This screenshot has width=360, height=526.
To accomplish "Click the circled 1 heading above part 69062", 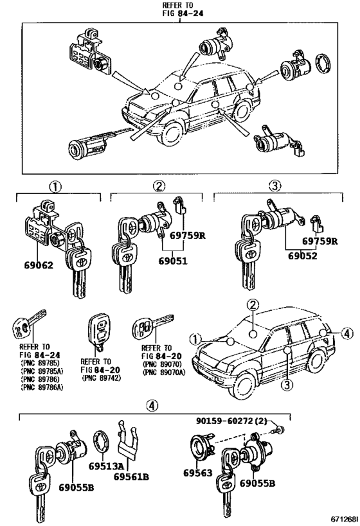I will click(x=56, y=187).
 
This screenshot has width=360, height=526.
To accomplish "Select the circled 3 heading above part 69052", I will click(x=275, y=187).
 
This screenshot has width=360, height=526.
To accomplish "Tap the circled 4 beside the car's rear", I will click(x=346, y=333).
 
